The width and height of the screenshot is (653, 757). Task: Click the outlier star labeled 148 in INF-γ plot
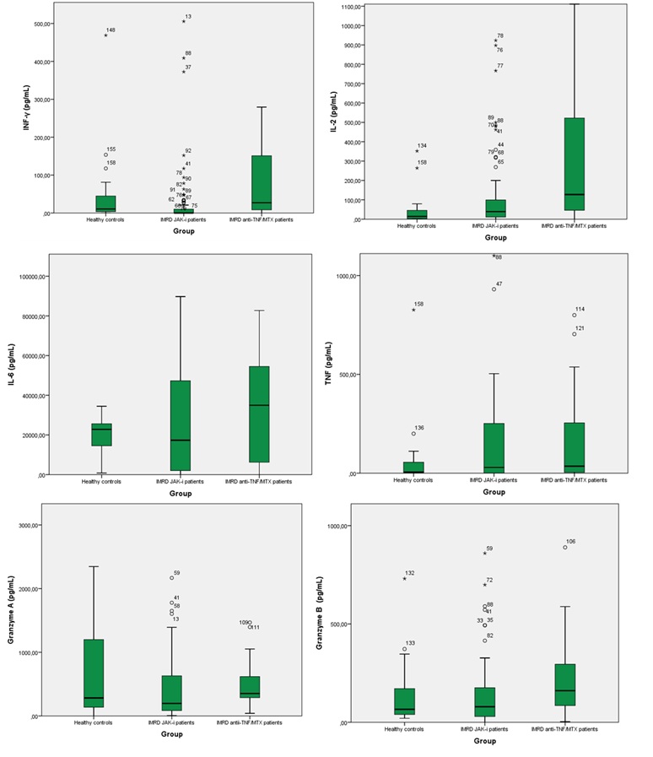point(105,35)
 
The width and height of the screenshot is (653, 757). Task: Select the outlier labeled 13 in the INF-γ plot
point(183,21)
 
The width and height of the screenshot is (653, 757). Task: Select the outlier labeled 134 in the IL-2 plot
point(417,151)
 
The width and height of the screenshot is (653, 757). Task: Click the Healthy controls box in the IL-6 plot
point(101,434)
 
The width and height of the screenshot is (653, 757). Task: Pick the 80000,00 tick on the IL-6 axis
point(34,316)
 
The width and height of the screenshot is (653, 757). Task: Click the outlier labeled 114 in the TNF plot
point(574,316)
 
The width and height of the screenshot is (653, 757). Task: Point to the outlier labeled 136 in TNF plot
point(413,434)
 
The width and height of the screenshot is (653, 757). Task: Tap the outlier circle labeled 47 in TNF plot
point(494,289)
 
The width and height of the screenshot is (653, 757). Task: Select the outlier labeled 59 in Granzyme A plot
point(171,578)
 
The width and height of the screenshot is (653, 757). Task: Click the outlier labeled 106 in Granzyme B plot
point(564,547)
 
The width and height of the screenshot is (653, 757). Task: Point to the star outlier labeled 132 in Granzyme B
point(404,578)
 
